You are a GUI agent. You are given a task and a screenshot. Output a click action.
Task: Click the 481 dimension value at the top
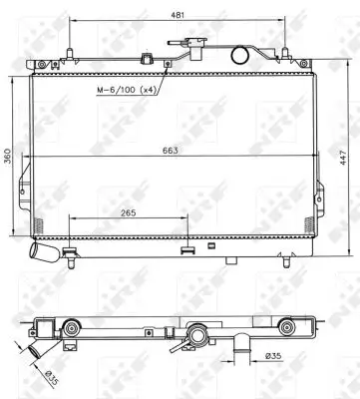[x=177, y=16]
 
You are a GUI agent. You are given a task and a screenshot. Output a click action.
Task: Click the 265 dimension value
[x=127, y=212]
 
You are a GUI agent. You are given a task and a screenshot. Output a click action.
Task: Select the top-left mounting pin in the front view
[x=67, y=52]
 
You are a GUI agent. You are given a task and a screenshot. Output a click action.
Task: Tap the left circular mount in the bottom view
[x=71, y=328]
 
